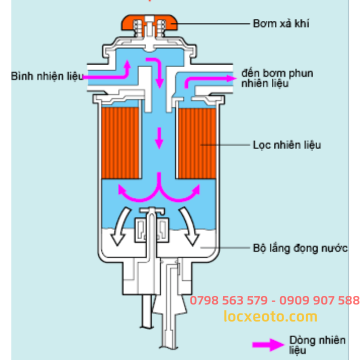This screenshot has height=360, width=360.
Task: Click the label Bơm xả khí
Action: (280, 23)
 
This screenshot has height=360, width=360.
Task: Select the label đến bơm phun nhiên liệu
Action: (276, 78)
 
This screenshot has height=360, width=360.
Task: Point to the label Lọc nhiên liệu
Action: (286, 145)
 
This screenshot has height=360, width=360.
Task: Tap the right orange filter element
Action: (197, 143)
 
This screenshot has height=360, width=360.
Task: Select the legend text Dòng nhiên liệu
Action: (316, 345)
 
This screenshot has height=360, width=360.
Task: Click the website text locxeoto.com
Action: (270, 316)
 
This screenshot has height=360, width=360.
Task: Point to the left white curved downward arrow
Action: (120, 227)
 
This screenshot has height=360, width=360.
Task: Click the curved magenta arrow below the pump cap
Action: (158, 70)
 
